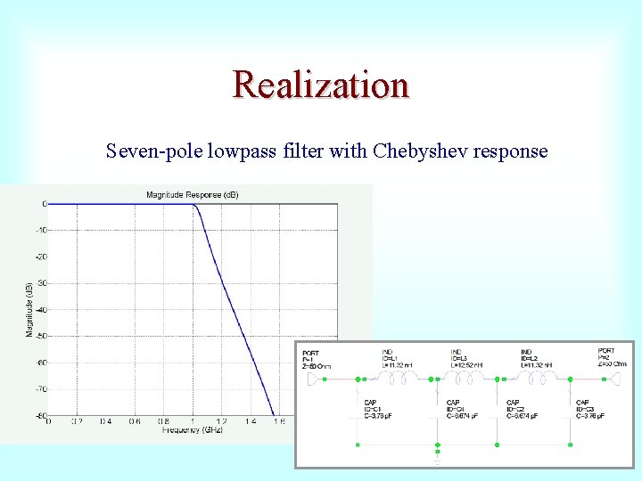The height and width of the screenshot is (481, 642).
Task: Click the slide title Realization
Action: pyautogui.click(x=321, y=86)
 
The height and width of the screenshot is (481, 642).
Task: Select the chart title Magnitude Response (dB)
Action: pyautogui.click(x=192, y=194)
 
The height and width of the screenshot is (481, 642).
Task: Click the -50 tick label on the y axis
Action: pyautogui.click(x=40, y=336)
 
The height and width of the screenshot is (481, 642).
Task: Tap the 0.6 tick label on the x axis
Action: pyautogui.click(x=134, y=421)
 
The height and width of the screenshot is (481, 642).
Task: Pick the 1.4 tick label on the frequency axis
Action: pyautogui.click(x=249, y=421)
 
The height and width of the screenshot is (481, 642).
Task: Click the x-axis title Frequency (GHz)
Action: pyautogui.click(x=192, y=430)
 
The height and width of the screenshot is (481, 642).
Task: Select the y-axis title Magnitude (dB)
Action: pyautogui.click(x=29, y=310)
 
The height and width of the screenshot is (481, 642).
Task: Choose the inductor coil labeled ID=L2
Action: pyautogui.click(x=537, y=379)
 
